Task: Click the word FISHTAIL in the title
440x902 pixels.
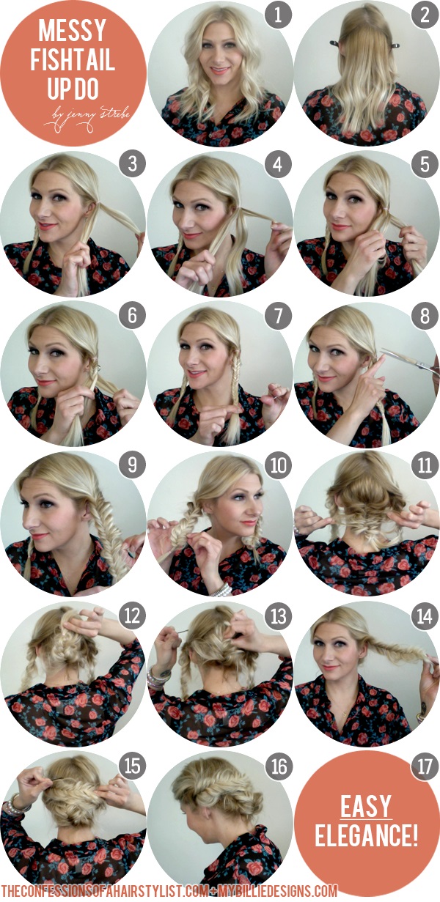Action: (73, 59)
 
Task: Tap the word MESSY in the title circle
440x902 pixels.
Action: (73, 31)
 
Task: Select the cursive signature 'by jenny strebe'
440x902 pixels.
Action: (87, 116)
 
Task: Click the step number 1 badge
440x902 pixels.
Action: (278, 15)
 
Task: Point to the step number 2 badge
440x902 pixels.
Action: (425, 15)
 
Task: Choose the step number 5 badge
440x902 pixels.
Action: (425, 164)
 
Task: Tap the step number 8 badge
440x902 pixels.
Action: (425, 315)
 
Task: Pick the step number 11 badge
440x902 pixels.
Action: (425, 465)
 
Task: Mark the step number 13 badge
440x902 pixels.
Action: (278, 616)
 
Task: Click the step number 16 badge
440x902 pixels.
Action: (278, 766)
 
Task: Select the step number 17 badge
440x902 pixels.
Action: (425, 766)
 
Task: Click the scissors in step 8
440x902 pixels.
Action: (409, 361)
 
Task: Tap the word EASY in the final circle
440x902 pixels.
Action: (366, 806)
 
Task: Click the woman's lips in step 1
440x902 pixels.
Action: (219, 71)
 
